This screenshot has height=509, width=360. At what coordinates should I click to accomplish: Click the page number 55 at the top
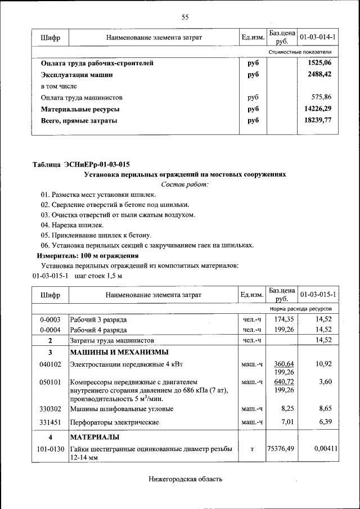[x=184, y=17]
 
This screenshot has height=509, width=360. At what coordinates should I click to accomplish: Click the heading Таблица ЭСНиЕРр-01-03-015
[x=81, y=165]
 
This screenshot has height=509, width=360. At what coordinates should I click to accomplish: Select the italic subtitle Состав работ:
[x=184, y=184]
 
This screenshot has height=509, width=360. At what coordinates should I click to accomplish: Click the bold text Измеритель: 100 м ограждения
[x=80, y=255]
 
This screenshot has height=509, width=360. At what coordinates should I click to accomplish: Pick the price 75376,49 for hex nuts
[x=281, y=449]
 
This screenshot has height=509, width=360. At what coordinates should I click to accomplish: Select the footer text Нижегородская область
[x=185, y=479]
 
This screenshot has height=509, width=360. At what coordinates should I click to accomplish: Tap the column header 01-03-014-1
[x=318, y=38]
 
